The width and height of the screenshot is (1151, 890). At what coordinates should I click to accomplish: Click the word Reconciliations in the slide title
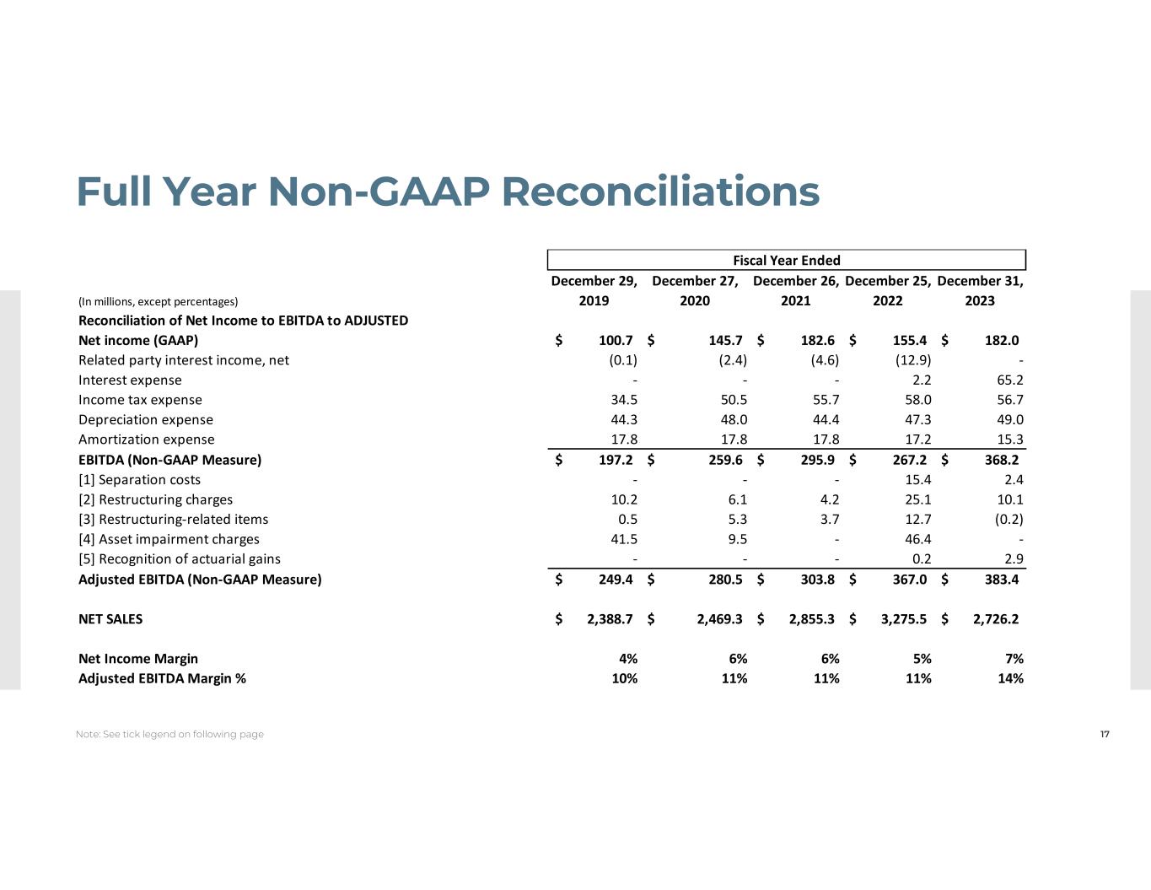click(660, 191)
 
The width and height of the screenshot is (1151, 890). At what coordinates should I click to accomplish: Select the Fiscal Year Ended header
click(786, 261)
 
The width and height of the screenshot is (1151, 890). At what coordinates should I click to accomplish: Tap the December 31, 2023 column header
click(980, 290)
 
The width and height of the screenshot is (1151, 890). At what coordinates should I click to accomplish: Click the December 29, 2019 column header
click(594, 290)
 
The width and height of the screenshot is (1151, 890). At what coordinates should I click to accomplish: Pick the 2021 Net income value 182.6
click(817, 341)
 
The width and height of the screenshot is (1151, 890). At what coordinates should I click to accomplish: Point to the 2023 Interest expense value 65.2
click(1009, 380)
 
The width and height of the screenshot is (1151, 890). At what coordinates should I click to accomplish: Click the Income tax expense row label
click(140, 400)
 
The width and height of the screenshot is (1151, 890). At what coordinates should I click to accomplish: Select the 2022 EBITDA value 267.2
click(909, 460)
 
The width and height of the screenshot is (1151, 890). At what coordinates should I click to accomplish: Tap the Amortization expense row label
click(146, 440)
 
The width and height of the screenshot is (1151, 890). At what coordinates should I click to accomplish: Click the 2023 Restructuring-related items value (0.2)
click(1008, 520)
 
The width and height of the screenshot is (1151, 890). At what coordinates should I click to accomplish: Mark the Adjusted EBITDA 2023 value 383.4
click(1001, 580)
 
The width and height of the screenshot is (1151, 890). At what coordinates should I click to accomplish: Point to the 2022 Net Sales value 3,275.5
click(903, 619)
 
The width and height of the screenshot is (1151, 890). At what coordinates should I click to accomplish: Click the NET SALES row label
click(110, 619)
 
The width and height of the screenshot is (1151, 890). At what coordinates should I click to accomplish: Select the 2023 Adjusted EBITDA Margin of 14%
click(1010, 678)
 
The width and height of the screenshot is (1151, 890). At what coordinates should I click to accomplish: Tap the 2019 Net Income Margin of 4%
click(627, 659)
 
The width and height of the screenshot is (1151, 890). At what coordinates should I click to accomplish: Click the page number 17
click(1105, 734)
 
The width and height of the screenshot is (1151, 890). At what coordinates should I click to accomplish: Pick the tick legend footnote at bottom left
click(169, 735)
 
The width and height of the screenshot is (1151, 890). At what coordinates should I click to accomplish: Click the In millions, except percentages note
click(158, 301)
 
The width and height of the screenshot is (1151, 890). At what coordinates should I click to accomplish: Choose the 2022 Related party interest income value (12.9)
click(913, 360)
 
